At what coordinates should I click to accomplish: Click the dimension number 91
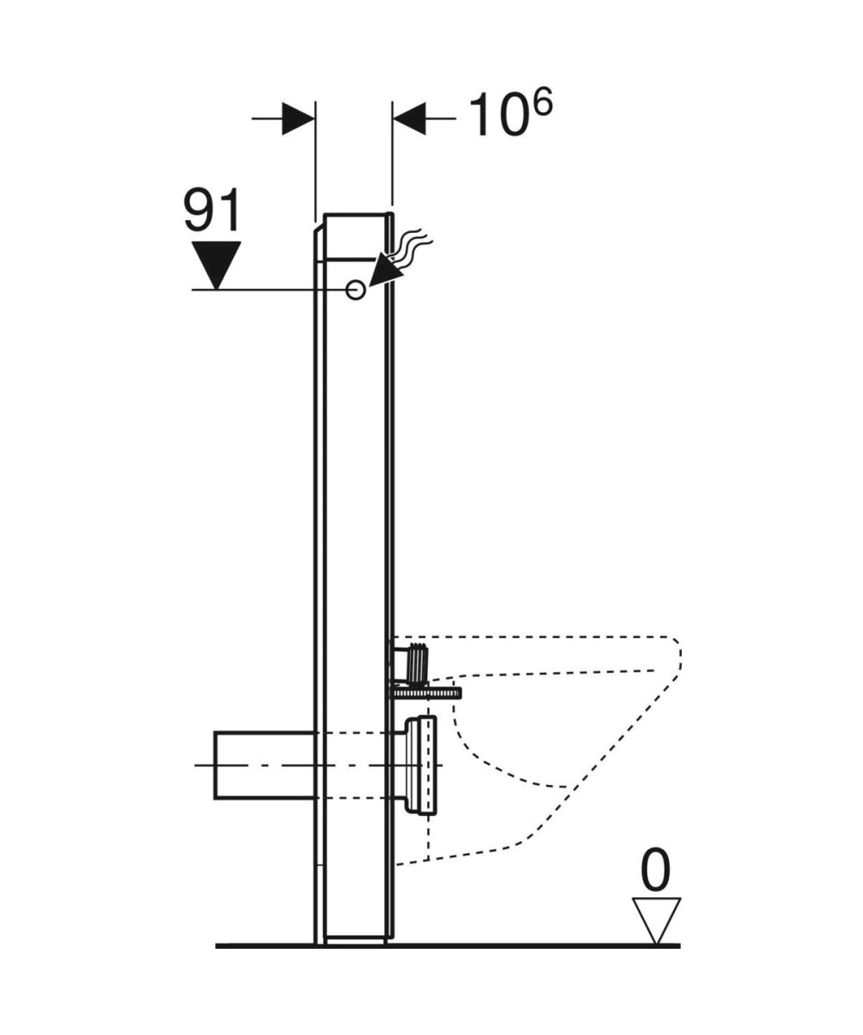[x=213, y=211]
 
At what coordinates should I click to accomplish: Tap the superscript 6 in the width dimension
[x=541, y=104]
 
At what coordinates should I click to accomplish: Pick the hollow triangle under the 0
[x=656, y=919]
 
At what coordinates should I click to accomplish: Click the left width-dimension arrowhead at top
[x=299, y=118]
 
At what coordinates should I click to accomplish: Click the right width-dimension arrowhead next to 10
[x=410, y=118]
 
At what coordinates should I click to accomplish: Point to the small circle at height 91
[x=355, y=291]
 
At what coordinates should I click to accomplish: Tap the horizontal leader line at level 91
[x=259, y=291]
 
